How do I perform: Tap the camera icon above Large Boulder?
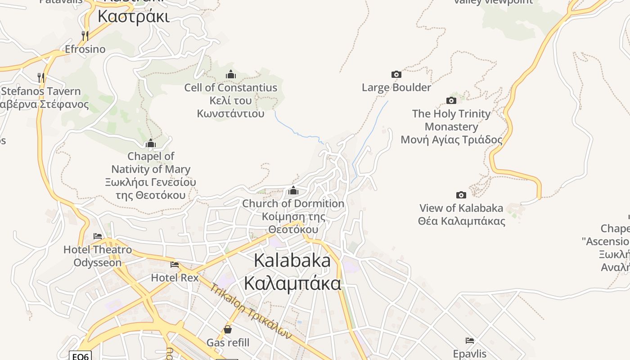pyautogui.click(x=396, y=74)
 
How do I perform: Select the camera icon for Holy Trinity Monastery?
pyautogui.click(x=451, y=100)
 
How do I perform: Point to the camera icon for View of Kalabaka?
pyautogui.click(x=461, y=195)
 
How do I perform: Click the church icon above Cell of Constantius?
pyautogui.click(x=230, y=74)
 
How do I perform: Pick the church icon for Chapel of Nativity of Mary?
pyautogui.click(x=150, y=144)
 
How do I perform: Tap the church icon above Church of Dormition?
pyautogui.click(x=293, y=190)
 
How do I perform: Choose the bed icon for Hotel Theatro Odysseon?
pyautogui.click(x=98, y=236)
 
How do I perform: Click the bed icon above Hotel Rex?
pyautogui.click(x=175, y=265)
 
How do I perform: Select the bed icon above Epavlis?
pyautogui.click(x=470, y=340)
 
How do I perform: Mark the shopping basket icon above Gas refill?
pyautogui.click(x=228, y=329)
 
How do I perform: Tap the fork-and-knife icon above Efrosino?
pyautogui.click(x=85, y=35)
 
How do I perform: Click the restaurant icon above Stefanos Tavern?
pyautogui.click(x=41, y=77)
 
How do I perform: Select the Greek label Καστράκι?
pyautogui.click(x=134, y=17)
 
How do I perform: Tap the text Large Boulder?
pyautogui.click(x=396, y=87)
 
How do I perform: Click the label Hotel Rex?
pyautogui.click(x=175, y=278)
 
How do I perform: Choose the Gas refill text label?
pyautogui.click(x=228, y=342)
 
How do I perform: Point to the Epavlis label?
pyautogui.click(x=470, y=353)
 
